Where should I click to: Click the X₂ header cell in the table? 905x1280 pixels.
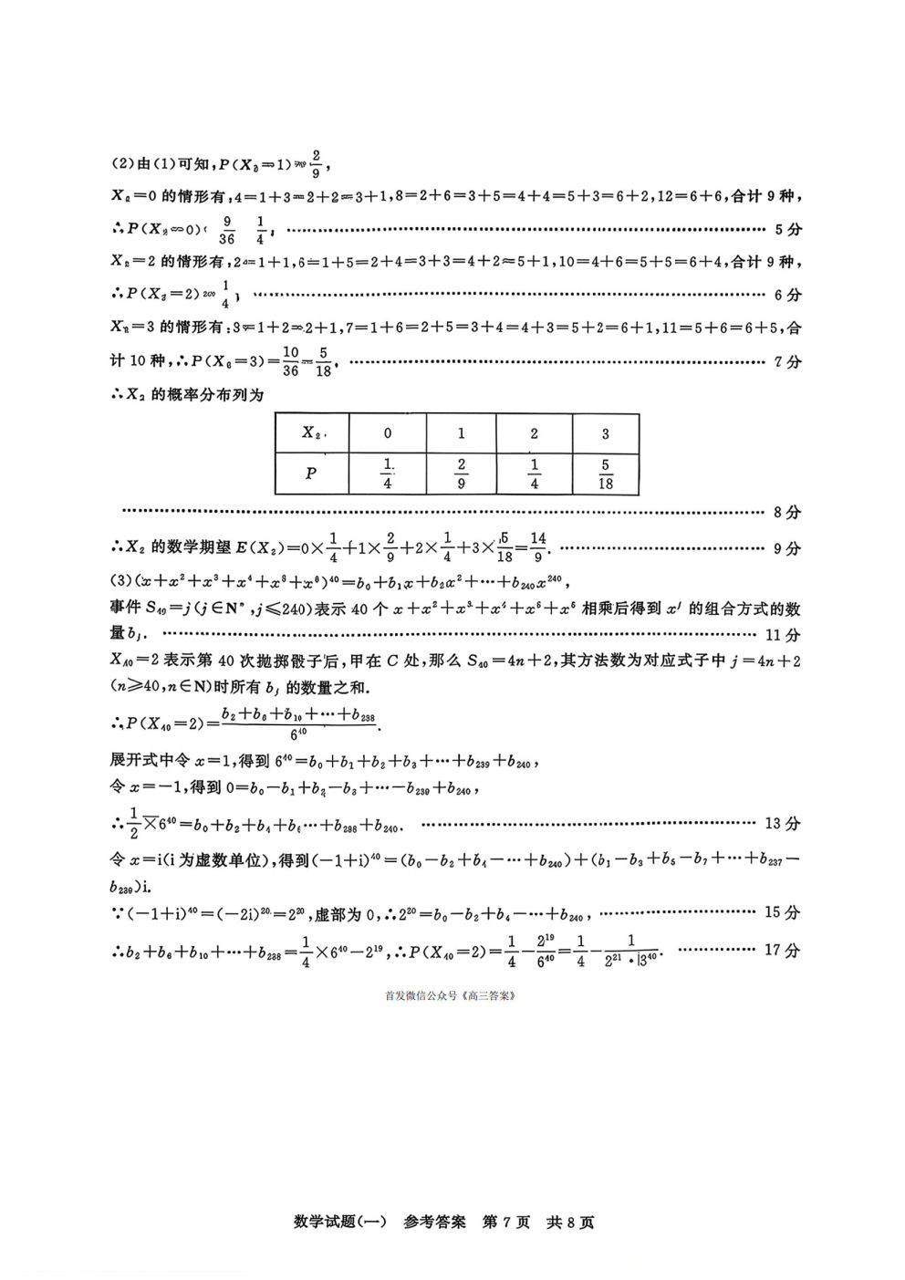[312, 433]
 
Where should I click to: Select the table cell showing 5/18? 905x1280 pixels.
[606, 474]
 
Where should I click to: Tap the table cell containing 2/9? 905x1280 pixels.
[461, 474]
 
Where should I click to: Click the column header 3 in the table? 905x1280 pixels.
[606, 433]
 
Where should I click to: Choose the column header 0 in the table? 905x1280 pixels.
[388, 433]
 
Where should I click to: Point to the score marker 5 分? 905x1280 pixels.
[787, 229]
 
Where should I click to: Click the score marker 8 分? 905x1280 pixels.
[787, 513]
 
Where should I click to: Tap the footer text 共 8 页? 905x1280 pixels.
[570, 1223]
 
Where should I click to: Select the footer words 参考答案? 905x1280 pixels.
[434, 1223]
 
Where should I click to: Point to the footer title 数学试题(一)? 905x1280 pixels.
[341, 1223]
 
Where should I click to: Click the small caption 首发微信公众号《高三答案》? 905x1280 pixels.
[451, 995]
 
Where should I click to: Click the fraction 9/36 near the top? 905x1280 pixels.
[227, 229]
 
